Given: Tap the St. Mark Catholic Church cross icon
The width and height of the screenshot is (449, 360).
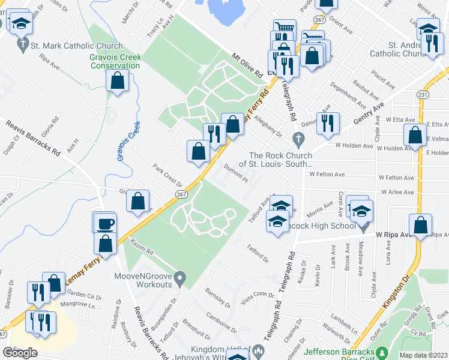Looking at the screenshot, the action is tap(23, 44).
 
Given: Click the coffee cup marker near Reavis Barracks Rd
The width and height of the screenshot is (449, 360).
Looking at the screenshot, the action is tap(105, 223).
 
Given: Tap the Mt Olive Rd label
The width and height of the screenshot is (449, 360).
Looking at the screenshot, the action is tap(248, 65).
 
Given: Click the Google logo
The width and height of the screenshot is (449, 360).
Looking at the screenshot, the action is tap(20, 353).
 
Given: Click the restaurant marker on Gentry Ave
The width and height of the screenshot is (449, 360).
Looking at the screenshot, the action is tap(328, 124).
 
